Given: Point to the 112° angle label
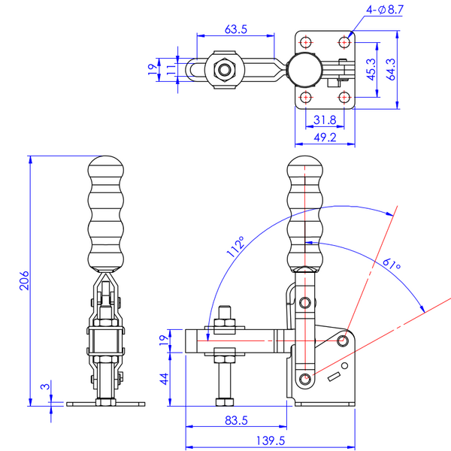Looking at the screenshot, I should [x=235, y=249].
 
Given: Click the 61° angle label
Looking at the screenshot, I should [x=392, y=264].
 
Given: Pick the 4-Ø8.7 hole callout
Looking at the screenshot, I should [x=385, y=9].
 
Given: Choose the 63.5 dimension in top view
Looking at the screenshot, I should [x=236, y=29].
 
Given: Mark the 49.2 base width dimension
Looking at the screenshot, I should [x=325, y=138].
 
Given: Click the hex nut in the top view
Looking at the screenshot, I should [x=224, y=69].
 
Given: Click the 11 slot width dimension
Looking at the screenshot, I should [x=171, y=70].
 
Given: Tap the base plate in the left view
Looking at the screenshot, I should [x=104, y=404].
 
